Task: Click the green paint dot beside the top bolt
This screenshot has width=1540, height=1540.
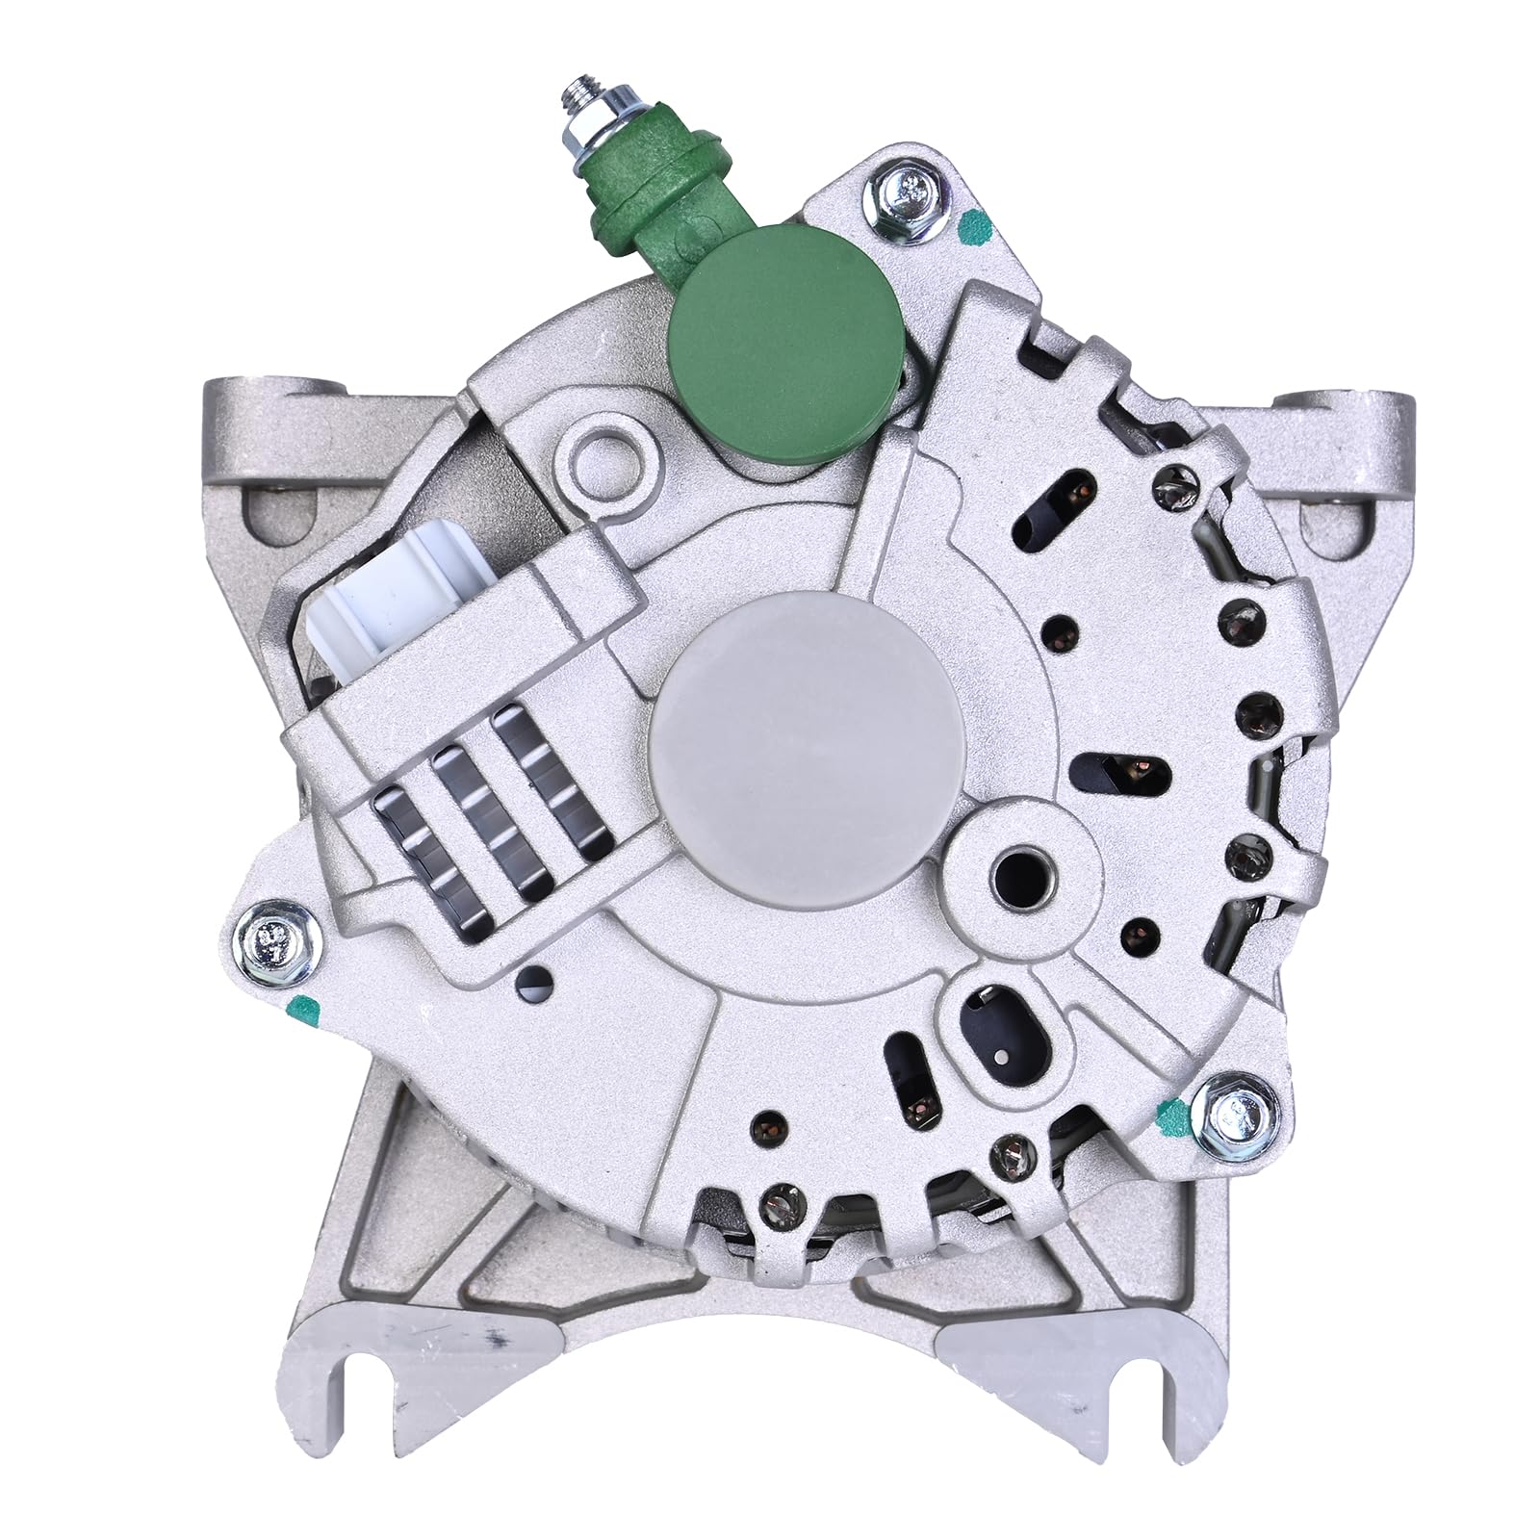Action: tap(973, 228)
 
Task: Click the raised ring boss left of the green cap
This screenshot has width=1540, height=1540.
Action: tap(605, 449)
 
